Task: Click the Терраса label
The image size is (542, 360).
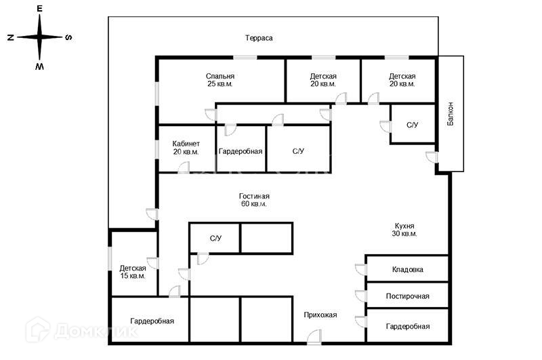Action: (259, 38)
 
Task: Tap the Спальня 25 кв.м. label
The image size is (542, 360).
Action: (220, 80)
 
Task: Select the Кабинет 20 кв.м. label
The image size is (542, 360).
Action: (186, 147)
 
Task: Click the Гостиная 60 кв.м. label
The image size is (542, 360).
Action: (254, 199)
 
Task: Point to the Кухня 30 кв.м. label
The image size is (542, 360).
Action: (404, 229)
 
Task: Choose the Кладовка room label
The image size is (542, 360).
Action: (408, 269)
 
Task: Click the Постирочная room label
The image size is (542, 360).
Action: (408, 296)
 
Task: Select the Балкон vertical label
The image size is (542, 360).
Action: (451, 113)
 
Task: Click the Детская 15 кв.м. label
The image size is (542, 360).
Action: (133, 272)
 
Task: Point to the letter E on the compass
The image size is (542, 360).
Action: (40, 9)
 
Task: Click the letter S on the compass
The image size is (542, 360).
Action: (68, 37)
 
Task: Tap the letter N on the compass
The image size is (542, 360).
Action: (11, 37)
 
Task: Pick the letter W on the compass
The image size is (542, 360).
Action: (40, 66)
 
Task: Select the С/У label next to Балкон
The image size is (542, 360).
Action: (413, 125)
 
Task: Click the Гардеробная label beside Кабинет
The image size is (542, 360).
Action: (241, 151)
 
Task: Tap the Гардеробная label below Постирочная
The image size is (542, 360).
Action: (408, 326)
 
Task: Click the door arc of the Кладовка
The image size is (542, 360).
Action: (360, 269)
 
